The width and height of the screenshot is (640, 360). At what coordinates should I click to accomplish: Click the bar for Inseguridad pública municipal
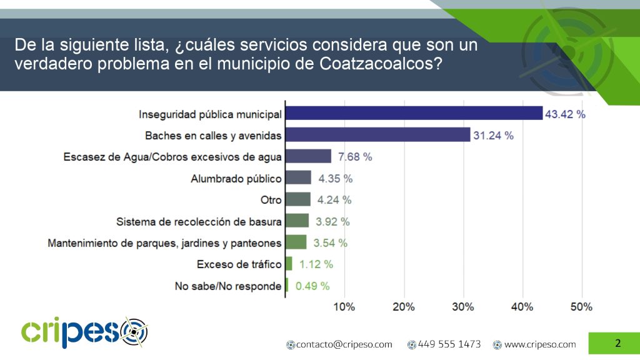point(414,113)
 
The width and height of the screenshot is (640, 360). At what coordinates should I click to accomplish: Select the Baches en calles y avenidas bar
point(377,135)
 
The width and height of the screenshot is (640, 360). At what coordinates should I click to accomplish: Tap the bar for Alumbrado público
point(298,178)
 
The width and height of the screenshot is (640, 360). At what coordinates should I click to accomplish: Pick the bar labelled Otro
point(298,199)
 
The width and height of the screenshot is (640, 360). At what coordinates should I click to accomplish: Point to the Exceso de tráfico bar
point(289,264)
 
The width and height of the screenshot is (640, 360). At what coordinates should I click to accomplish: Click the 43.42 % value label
point(565,114)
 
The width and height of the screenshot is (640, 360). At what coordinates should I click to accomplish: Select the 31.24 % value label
point(493,136)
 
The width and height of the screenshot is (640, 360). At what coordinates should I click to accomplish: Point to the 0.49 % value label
point(311,286)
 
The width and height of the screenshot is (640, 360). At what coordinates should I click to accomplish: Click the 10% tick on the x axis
point(344,307)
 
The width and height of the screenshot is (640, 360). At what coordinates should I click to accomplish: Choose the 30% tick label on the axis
point(463,307)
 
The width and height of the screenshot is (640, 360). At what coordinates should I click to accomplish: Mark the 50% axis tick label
point(581,307)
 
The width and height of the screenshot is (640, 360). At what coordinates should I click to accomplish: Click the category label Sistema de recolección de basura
point(199,221)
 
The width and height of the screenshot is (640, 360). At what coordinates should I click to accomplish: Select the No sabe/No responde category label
point(228,286)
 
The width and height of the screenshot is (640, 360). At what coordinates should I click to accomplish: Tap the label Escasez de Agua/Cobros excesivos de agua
point(172,157)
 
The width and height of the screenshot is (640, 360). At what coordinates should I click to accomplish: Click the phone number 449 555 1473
point(449,344)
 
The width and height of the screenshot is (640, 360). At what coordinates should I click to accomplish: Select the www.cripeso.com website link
point(539,344)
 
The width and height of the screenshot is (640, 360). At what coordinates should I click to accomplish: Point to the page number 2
point(617,343)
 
